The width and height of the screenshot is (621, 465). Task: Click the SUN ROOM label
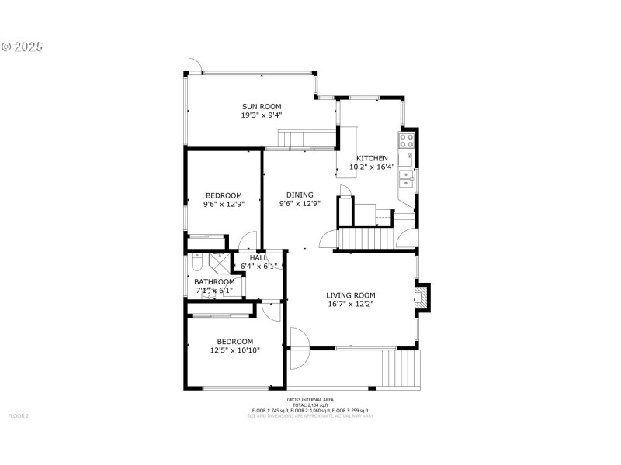coord(261,107)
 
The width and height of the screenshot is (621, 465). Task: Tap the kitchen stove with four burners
coord(407,140)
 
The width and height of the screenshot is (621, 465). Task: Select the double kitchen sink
coord(406,179)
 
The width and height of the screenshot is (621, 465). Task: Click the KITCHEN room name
coord(372,158)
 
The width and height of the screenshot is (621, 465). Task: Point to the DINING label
coord(300,195)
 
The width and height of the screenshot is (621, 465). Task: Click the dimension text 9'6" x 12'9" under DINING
coord(300,205)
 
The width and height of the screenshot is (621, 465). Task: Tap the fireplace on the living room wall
coord(421,298)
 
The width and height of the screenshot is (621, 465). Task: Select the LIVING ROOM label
coord(350,295)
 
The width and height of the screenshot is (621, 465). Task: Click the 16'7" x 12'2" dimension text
coord(350,305)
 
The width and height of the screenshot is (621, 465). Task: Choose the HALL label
coord(258,257)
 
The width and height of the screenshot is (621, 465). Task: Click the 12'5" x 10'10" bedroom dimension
coord(234,350)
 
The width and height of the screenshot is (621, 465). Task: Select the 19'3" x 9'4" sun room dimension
coord(261,115)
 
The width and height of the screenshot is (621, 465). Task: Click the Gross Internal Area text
coord(310,400)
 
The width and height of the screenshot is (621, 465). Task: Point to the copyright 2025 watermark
coord(22,46)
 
